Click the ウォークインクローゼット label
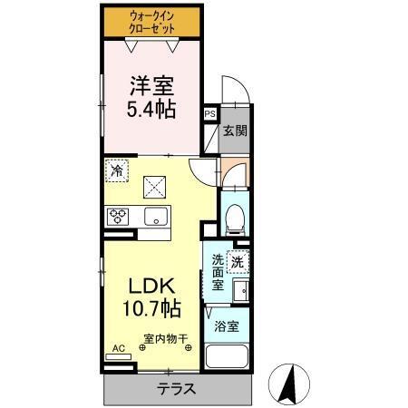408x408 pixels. click(152, 23)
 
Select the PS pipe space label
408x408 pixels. click(210, 114)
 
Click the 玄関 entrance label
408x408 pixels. click(235, 130)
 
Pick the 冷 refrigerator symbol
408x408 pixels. click(117, 170)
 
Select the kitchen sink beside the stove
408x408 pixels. click(154, 217)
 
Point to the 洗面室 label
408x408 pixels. click(218, 272)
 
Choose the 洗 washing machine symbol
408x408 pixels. click(237, 262)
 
